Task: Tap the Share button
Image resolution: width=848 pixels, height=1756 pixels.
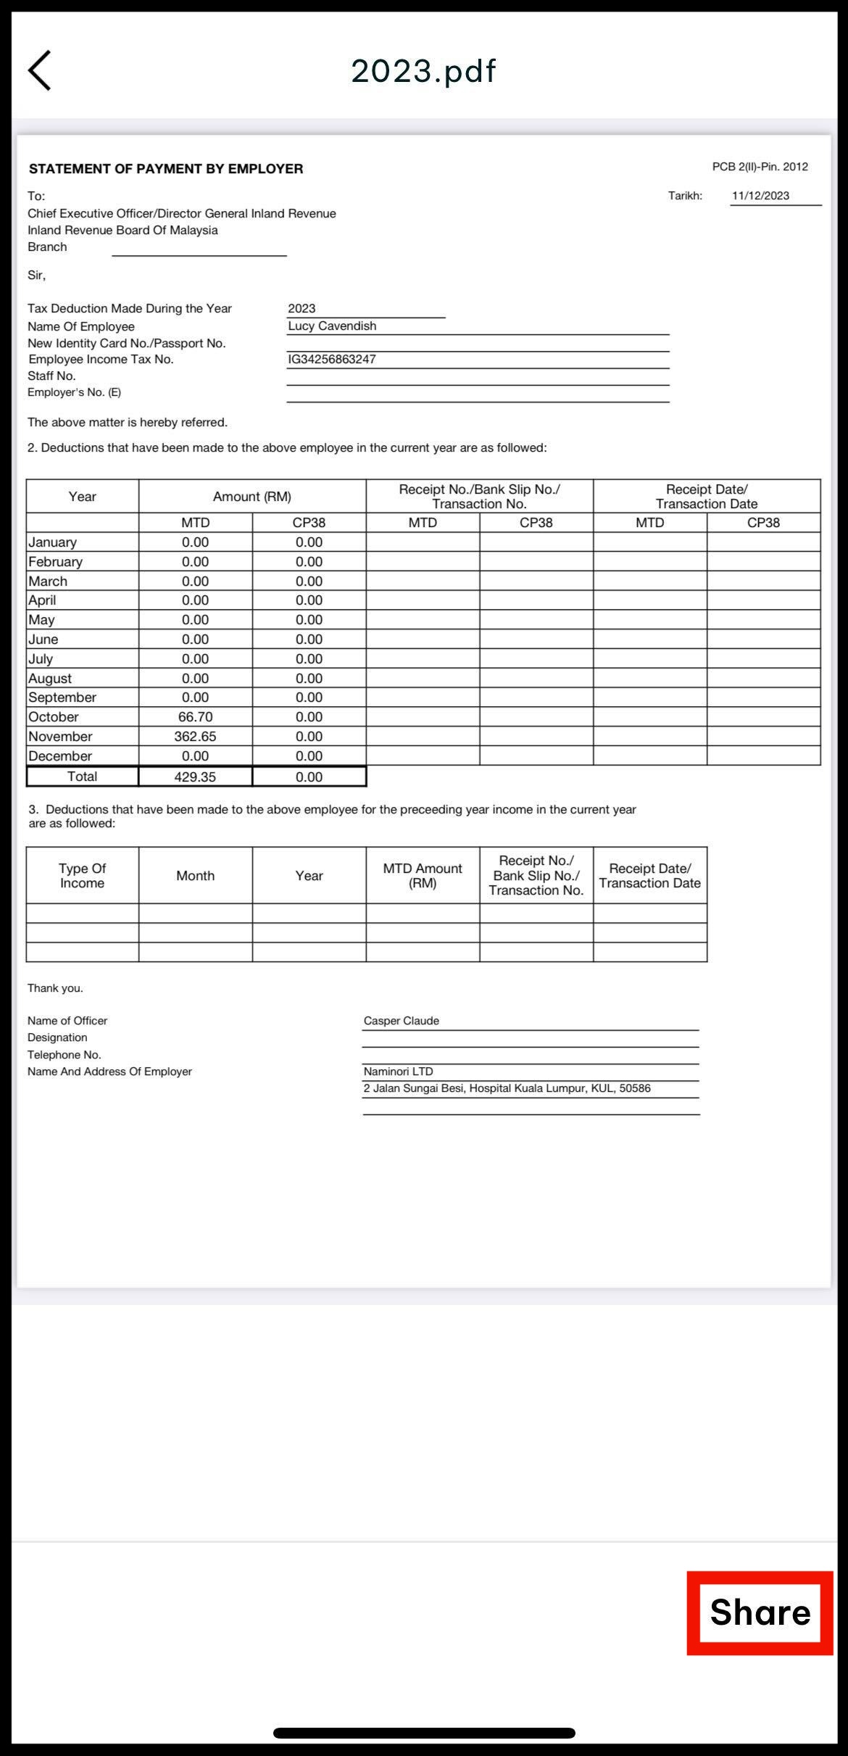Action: point(760,1612)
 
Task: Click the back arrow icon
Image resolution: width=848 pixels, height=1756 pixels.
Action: point(40,70)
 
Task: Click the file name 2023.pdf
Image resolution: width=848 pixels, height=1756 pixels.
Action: point(423,71)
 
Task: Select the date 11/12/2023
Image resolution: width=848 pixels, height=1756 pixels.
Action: point(760,196)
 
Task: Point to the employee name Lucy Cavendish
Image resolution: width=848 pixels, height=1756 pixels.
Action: point(332,326)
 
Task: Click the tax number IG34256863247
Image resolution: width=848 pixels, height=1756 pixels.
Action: point(332,360)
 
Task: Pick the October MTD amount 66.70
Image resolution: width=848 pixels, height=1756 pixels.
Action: point(195,717)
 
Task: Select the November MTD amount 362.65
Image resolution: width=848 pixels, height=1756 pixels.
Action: point(195,737)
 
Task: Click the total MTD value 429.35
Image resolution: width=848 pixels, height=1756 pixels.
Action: point(195,777)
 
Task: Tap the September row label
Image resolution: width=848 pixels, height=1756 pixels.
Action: point(62,697)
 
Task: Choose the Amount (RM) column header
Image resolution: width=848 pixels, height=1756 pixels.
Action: point(252,497)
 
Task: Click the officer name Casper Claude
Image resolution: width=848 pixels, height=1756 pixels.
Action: point(402,1021)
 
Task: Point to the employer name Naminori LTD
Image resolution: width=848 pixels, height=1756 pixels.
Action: point(398,1072)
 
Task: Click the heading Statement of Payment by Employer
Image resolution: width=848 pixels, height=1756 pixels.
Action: point(166,169)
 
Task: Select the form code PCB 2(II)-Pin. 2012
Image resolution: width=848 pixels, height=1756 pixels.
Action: point(760,167)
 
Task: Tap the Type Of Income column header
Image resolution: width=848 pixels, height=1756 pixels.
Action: point(82,876)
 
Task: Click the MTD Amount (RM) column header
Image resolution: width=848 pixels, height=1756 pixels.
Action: point(423,876)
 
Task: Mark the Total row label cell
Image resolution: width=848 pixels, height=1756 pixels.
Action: point(82,776)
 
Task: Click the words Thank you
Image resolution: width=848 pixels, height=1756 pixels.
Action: point(55,988)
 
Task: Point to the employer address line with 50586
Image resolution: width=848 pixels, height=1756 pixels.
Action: point(507,1088)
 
